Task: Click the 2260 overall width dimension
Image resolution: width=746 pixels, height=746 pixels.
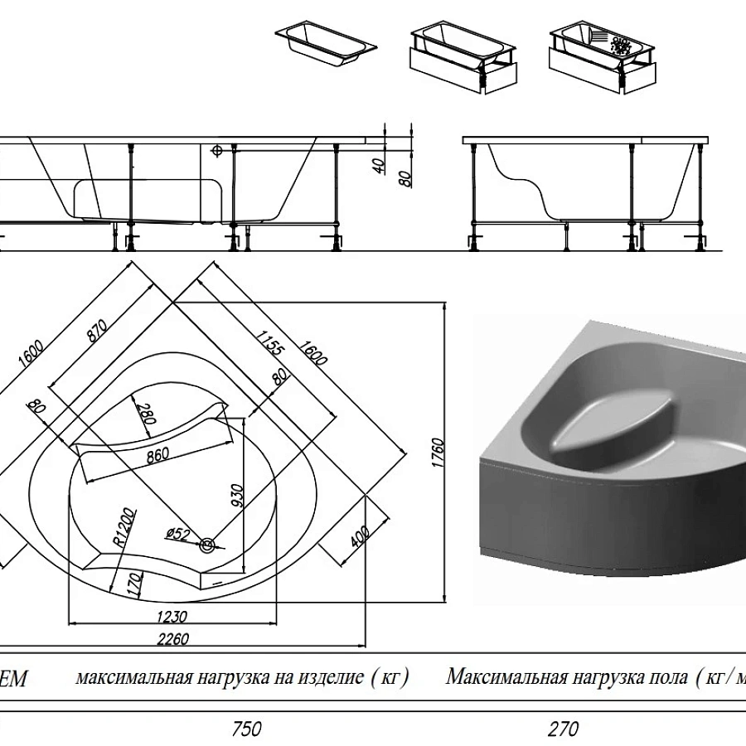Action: (x=172, y=638)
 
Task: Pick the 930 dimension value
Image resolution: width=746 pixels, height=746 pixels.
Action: (x=237, y=494)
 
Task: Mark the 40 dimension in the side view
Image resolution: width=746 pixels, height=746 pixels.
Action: (x=380, y=165)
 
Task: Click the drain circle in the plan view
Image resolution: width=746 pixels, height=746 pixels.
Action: (x=207, y=545)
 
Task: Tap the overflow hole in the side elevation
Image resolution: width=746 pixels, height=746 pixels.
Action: (x=218, y=152)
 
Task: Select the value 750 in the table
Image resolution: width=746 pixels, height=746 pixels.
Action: (x=246, y=729)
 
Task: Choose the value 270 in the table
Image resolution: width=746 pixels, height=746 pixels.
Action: (x=563, y=729)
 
